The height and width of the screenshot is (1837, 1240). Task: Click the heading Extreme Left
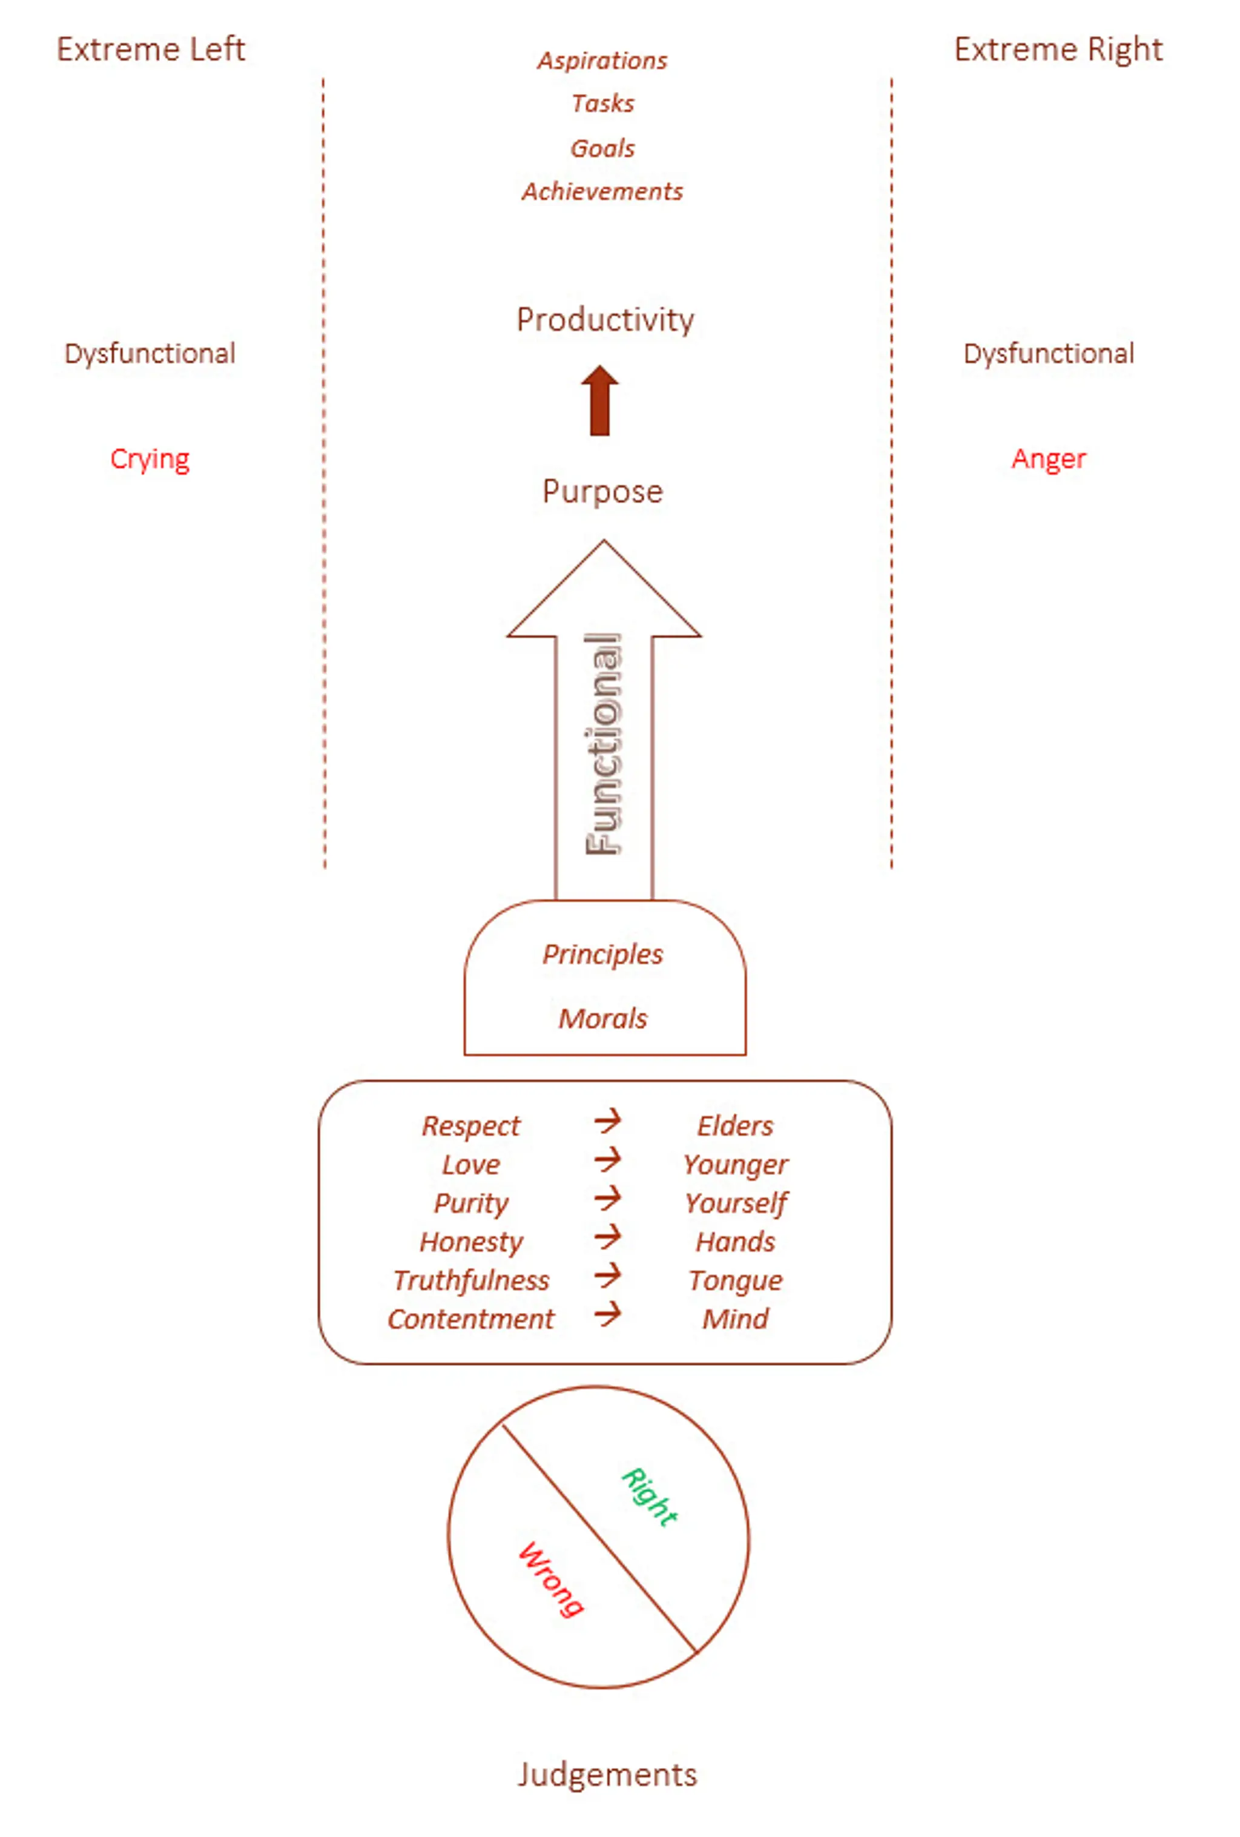click(x=150, y=49)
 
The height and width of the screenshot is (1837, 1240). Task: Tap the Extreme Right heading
click(x=1057, y=49)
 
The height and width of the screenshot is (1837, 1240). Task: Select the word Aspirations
click(x=602, y=60)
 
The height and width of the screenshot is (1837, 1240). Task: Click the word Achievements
click(x=602, y=191)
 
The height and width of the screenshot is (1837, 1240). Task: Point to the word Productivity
click(x=605, y=319)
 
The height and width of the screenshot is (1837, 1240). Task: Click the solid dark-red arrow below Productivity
click(x=600, y=401)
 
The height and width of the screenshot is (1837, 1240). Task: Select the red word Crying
click(x=150, y=458)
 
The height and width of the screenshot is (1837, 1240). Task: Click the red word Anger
click(x=1048, y=458)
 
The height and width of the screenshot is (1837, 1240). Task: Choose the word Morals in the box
click(x=602, y=1018)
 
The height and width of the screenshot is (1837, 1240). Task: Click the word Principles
click(x=602, y=954)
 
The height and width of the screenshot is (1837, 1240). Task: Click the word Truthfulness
click(x=471, y=1280)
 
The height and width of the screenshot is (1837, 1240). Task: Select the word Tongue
click(x=735, y=1280)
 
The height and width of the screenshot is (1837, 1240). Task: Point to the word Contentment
click(x=471, y=1319)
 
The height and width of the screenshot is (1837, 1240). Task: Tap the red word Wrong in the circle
click(x=552, y=1578)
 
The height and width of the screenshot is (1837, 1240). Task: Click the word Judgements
click(x=607, y=1775)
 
